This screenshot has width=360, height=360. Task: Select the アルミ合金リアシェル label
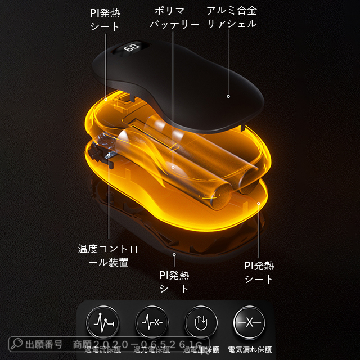tap(231, 18)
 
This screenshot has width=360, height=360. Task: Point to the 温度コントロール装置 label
tap(107, 255)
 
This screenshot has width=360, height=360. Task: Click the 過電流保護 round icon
tap(102, 323)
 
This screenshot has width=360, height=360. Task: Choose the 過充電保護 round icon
tap(151, 323)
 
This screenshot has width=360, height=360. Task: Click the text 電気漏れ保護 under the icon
tap(250, 350)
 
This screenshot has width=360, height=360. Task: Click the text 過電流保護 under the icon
tap(102, 350)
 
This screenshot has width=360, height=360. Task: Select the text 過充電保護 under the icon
tap(151, 350)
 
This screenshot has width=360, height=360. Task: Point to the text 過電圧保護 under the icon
tap(201, 350)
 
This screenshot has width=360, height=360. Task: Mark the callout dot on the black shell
tap(228, 96)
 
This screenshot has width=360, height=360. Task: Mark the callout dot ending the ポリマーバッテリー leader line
tap(174, 166)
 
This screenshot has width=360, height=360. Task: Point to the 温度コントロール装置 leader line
tap(108, 202)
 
